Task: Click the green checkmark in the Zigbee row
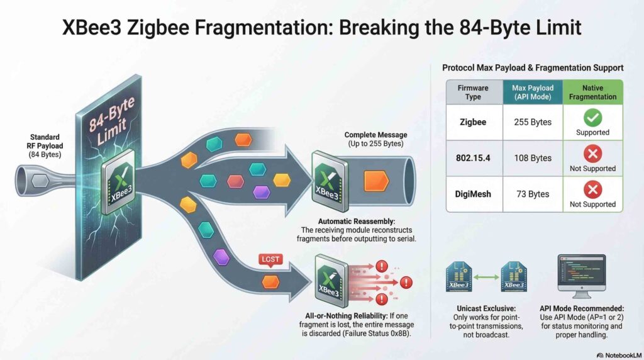[592, 118]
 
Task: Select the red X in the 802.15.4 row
[592, 154]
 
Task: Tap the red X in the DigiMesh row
[592, 189]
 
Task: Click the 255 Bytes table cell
[533, 122]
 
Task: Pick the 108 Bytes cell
[533, 158]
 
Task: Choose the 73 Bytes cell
[533, 194]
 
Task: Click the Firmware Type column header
[473, 93]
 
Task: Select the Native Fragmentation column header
[592, 93]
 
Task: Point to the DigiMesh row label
[473, 194]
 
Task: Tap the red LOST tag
[270, 260]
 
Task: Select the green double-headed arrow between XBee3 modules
[486, 278]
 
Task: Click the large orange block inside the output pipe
[376, 181]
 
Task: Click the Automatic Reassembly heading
[357, 221]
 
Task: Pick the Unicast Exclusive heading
[486, 308]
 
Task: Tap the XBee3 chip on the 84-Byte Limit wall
[119, 182]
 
